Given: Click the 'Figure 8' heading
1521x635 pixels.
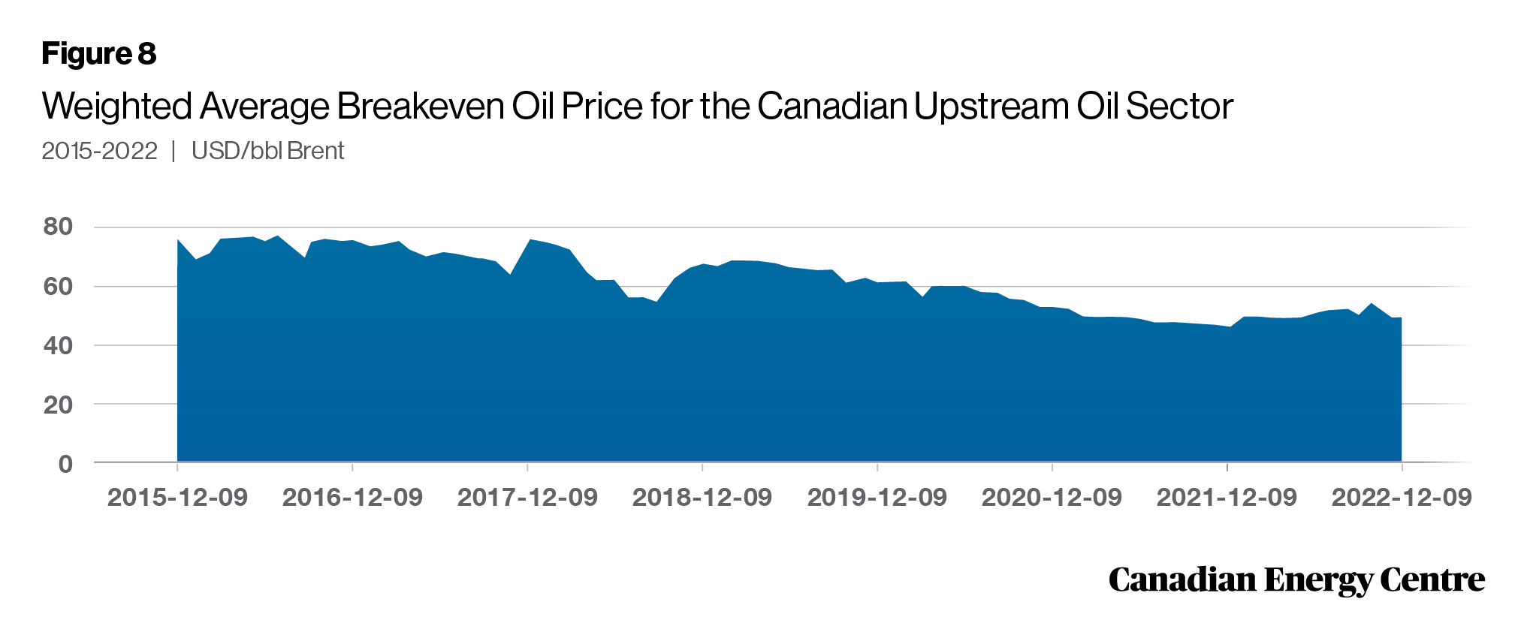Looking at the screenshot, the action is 98,54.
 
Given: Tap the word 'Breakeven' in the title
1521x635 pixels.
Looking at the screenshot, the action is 421,107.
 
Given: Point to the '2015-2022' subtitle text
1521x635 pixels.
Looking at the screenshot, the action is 99,151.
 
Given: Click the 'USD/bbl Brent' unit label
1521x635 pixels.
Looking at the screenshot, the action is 267,151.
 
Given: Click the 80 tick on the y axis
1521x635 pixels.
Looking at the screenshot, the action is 58,227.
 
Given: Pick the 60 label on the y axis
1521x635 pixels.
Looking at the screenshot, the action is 58,286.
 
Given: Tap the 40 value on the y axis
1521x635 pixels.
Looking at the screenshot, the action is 58,345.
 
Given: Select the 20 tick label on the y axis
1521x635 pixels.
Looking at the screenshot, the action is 58,405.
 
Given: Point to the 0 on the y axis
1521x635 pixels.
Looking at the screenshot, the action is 65,464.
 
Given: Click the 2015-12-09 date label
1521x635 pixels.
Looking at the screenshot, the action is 177,497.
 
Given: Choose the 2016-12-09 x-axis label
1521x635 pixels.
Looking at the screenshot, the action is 352,497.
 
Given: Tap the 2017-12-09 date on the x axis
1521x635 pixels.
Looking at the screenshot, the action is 527,497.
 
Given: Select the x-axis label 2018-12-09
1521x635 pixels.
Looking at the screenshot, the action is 702,497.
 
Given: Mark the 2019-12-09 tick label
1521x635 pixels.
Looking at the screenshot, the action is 877,497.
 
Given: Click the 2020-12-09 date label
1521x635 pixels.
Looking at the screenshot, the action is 1052,497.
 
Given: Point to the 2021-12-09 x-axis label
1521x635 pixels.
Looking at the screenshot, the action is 1227,497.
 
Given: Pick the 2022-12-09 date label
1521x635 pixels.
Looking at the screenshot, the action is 1402,497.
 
